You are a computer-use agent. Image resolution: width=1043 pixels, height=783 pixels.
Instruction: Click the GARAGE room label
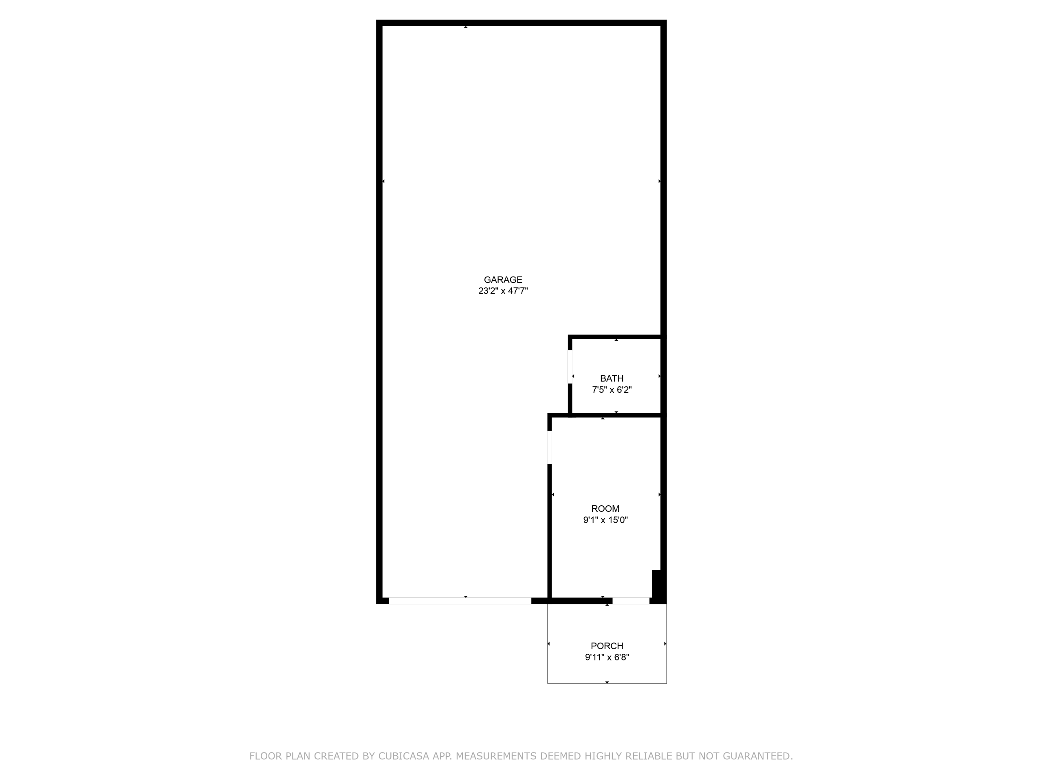click(x=503, y=280)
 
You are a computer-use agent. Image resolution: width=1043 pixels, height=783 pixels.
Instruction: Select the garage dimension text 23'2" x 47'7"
click(x=503, y=291)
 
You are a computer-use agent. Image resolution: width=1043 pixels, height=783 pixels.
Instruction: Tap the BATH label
click(x=612, y=378)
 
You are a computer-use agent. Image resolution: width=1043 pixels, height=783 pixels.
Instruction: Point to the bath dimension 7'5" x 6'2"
click(x=612, y=390)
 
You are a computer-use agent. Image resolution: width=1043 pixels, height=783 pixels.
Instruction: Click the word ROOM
click(x=605, y=509)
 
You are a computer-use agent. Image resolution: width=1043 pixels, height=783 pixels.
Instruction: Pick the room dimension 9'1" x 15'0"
click(x=605, y=520)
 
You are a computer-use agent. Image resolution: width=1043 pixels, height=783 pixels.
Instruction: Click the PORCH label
click(x=607, y=646)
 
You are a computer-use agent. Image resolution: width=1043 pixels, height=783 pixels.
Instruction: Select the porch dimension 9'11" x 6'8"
click(x=607, y=657)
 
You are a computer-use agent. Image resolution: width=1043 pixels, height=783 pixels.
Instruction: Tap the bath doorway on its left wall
click(x=570, y=367)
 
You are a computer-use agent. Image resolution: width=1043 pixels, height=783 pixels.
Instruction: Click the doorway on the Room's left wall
click(x=549, y=447)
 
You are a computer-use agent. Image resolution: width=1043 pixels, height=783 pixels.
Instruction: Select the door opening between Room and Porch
click(x=631, y=601)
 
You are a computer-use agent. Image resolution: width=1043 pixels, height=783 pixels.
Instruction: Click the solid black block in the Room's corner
click(x=656, y=584)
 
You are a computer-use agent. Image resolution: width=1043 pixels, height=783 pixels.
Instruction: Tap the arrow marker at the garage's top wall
click(x=466, y=27)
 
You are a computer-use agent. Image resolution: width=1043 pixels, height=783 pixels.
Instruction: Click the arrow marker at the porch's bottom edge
click(x=607, y=682)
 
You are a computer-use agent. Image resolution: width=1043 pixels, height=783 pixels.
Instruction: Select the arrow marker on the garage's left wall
click(x=383, y=181)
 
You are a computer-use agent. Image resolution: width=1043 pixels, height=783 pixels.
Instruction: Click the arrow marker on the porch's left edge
click(x=549, y=644)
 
